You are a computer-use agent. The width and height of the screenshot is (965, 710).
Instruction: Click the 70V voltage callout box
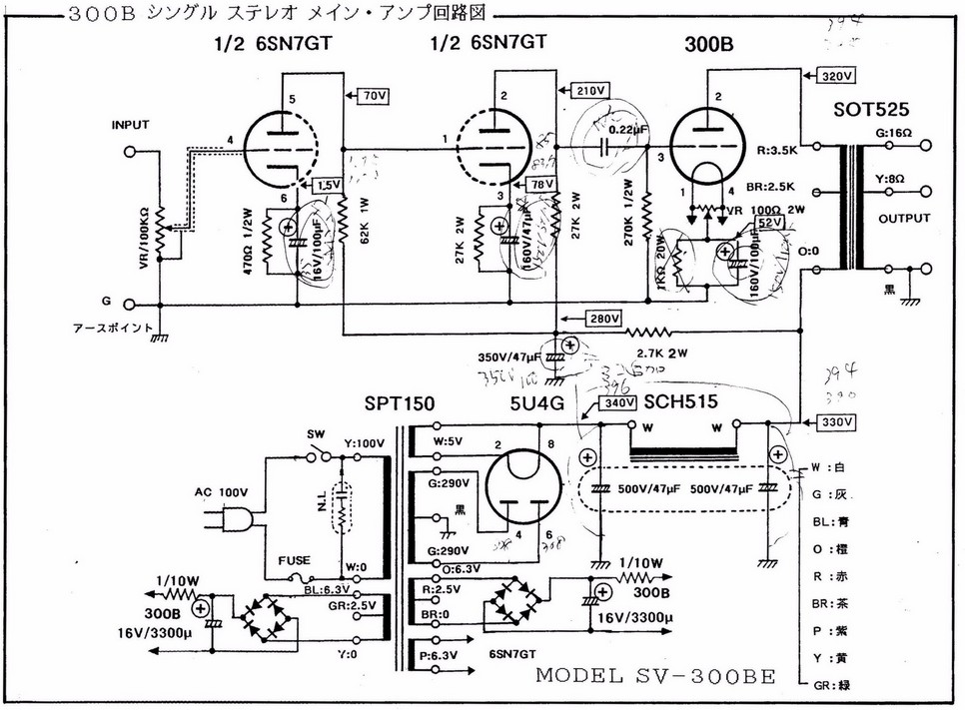tap(373, 97)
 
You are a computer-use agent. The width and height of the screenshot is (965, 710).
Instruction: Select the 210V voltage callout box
tap(589, 91)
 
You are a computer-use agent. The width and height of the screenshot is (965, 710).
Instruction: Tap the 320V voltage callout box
tap(835, 76)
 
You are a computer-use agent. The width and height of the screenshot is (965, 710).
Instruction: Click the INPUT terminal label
tap(131, 125)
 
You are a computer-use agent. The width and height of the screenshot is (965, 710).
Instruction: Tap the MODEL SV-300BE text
tap(655, 675)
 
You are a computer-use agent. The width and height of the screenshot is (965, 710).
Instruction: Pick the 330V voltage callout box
tap(836, 421)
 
